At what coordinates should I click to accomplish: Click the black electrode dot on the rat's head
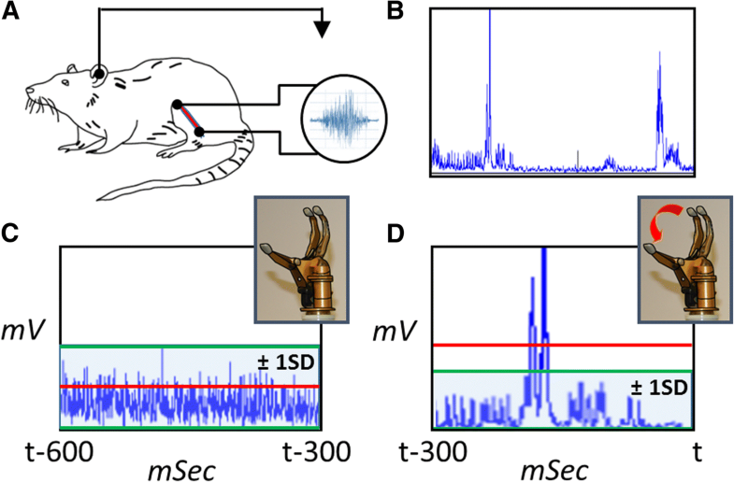tap(98, 72)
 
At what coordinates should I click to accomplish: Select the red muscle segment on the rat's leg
tap(188, 119)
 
